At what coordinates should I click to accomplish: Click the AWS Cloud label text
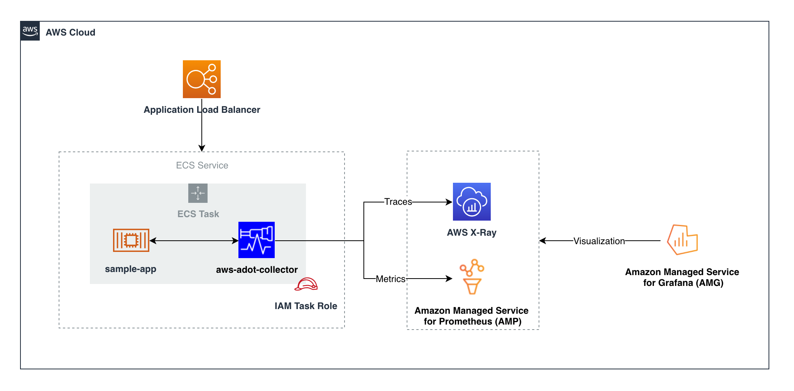[x=70, y=32]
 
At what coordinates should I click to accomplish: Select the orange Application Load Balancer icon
[x=201, y=79]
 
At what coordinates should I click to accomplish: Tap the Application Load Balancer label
[x=202, y=110]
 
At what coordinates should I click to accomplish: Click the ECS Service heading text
[x=202, y=165]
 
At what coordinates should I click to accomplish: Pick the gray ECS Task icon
[x=198, y=193]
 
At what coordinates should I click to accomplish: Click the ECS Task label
[x=198, y=214]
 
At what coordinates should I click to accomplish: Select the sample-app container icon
[x=131, y=240]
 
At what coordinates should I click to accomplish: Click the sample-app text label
[x=130, y=269]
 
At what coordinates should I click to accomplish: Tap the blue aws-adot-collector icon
[x=257, y=240]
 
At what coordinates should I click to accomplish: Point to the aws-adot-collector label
[x=257, y=270]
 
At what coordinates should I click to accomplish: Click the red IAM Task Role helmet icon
[x=306, y=284]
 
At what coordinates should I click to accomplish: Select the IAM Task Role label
[x=306, y=306]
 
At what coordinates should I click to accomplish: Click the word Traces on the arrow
[x=398, y=202]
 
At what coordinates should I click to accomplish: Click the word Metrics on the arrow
[x=390, y=279]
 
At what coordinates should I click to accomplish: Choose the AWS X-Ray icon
[x=471, y=202]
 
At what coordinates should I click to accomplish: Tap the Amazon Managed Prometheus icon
[x=471, y=277]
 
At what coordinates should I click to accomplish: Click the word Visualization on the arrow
[x=599, y=241]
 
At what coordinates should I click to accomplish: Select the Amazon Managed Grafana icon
[x=682, y=240]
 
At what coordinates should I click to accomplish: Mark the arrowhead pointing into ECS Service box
[x=202, y=148]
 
